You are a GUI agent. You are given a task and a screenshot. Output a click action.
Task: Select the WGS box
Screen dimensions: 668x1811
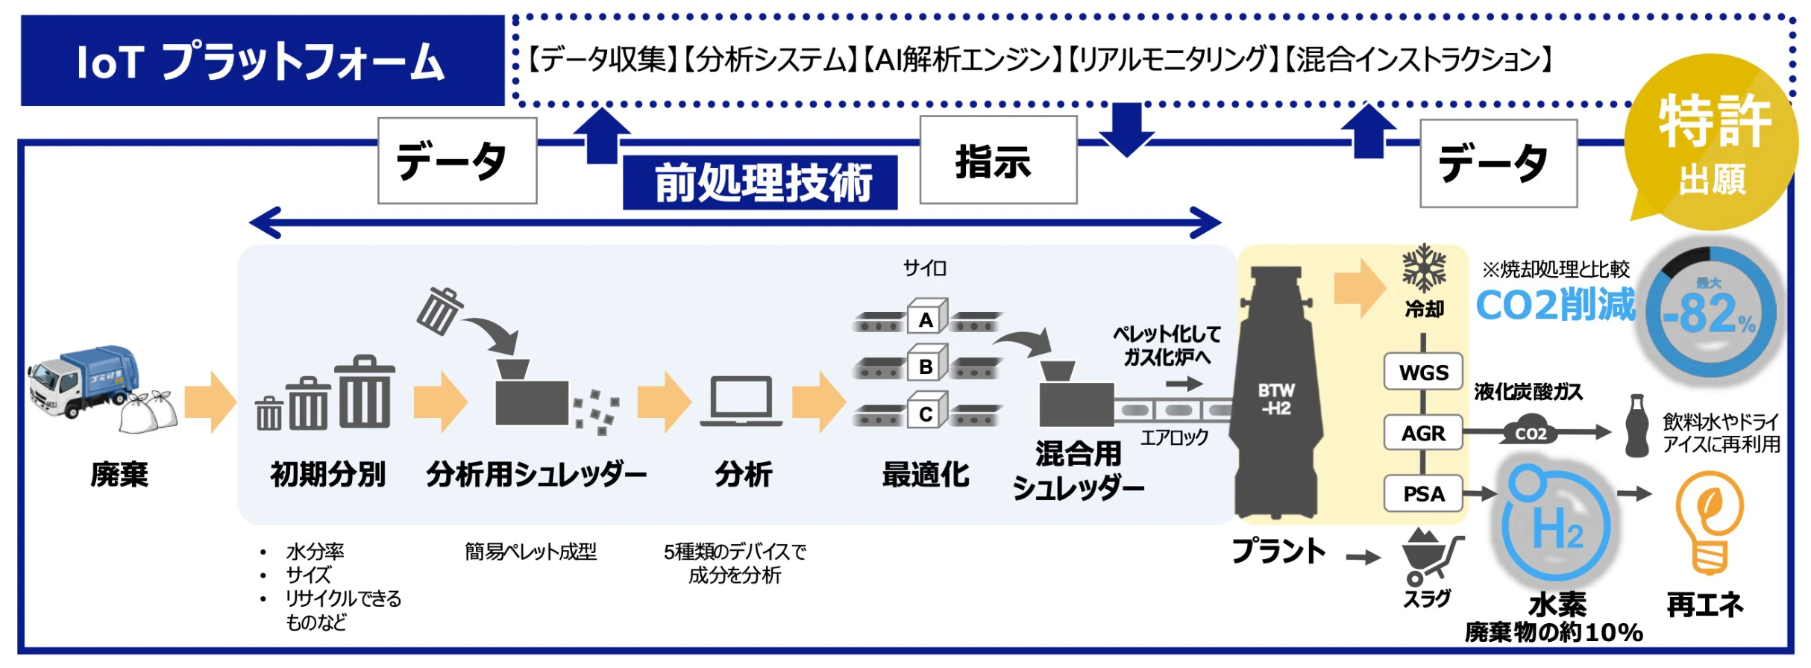pos(1423,372)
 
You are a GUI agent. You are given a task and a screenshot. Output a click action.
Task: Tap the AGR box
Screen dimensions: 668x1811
pos(1423,433)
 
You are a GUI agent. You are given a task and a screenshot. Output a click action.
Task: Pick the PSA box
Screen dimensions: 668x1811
pos(1423,493)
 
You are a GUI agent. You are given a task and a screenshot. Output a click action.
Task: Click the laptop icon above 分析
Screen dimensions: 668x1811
pos(741,402)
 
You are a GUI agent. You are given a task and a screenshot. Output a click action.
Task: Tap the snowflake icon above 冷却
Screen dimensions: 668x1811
pos(1424,268)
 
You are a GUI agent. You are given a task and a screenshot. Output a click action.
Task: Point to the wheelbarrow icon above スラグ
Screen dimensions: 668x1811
pos(1431,557)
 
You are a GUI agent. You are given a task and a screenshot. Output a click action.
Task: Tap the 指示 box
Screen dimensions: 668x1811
pos(998,160)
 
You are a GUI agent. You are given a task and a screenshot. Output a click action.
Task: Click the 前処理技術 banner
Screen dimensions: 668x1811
pos(760,183)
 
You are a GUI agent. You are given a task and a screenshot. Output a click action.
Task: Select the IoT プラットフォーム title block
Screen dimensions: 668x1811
pos(262,60)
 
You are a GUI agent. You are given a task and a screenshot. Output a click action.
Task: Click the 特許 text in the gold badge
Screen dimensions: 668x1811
pos(1714,122)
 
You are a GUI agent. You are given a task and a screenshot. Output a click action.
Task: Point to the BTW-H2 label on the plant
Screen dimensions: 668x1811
pos(1275,399)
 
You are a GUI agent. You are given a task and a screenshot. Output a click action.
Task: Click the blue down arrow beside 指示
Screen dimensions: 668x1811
pos(1126,129)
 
